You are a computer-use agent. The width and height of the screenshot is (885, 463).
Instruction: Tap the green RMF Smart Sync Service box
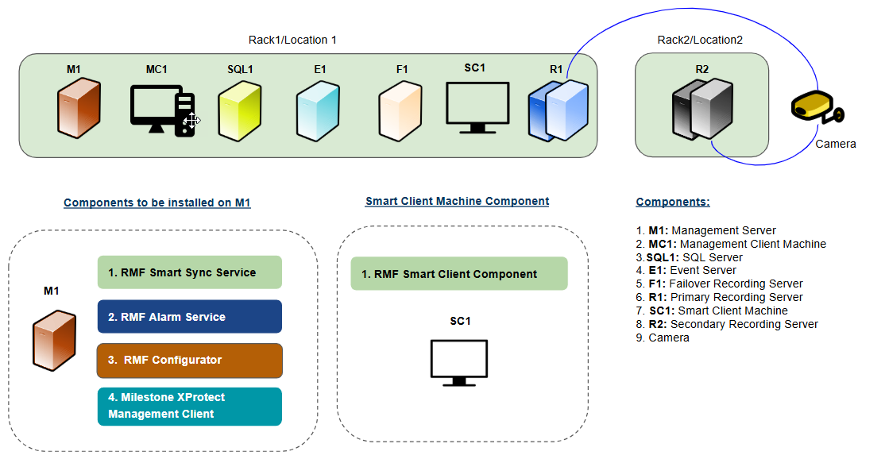[189, 272]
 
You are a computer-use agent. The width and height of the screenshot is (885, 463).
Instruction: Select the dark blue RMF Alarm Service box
[189, 317]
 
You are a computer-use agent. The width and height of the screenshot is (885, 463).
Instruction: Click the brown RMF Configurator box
[189, 361]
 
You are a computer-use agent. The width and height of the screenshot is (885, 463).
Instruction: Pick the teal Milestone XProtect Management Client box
[189, 406]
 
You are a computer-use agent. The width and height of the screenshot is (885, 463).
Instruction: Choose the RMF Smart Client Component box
[458, 274]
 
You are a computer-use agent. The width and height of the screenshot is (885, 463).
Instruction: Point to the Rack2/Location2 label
[700, 40]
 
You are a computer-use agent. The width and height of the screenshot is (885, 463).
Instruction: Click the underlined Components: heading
[673, 203]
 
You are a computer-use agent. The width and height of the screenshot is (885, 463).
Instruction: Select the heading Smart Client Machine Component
[457, 202]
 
